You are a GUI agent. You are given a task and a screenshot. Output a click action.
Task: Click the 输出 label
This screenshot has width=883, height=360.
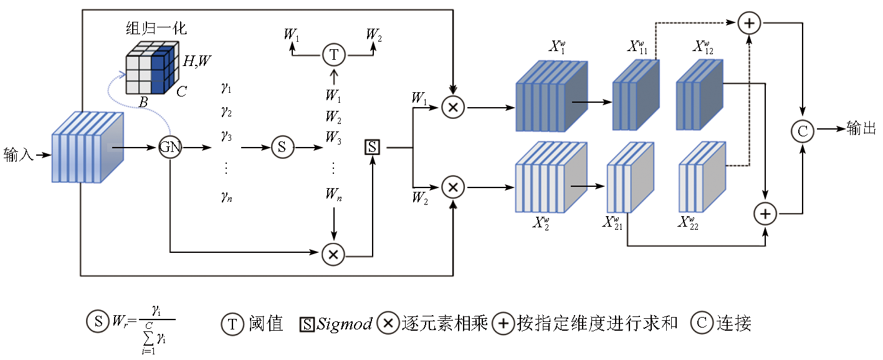coord(861,129)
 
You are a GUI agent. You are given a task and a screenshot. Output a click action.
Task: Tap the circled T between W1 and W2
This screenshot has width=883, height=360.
coord(334,55)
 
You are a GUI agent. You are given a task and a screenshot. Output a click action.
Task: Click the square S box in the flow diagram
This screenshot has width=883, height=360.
coord(372,148)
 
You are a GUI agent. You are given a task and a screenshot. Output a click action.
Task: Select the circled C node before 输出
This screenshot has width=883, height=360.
coord(803,130)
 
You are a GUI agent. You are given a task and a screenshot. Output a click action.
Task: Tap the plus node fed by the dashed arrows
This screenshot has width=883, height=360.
coord(749,24)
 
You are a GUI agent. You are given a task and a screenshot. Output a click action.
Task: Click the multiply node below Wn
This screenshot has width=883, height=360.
coord(333,253)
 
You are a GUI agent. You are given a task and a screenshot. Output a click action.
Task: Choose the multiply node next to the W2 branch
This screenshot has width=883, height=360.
coord(453,187)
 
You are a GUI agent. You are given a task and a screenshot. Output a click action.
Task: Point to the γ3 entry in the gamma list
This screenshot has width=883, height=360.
coord(226,135)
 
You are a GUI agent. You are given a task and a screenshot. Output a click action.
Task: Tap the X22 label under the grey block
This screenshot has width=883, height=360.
coord(689,223)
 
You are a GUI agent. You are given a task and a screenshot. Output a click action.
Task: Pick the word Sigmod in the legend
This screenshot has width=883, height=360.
coord(345,323)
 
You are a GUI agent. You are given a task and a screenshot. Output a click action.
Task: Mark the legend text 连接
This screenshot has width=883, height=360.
coord(734,323)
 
